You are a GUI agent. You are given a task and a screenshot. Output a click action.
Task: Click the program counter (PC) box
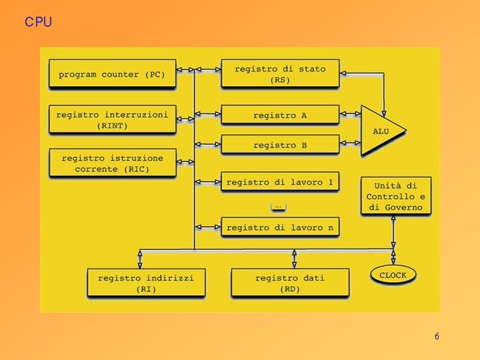click(112, 74)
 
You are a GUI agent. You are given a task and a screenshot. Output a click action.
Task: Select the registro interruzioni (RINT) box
click(112, 119)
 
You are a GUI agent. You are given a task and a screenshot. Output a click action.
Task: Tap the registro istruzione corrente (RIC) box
click(112, 163)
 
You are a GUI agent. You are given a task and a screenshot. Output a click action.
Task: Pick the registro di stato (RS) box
click(280, 74)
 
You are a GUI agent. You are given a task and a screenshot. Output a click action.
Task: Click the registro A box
click(280, 115)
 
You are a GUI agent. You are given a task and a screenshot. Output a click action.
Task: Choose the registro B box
click(280, 145)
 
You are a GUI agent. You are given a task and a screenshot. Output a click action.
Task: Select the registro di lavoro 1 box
click(280, 182)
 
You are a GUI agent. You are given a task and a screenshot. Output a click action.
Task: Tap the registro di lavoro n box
click(280, 227)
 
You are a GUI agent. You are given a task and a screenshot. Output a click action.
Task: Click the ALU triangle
click(380, 131)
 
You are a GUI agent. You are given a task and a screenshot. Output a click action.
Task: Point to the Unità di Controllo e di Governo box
click(395, 197)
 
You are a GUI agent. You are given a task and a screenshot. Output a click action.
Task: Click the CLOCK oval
click(393, 275)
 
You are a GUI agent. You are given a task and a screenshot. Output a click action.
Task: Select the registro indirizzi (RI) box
click(145, 283)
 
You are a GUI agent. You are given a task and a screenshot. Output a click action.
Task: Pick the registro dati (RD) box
click(290, 283)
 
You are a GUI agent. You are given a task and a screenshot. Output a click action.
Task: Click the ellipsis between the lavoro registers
click(278, 205)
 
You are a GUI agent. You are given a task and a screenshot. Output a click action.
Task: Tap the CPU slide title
click(38, 22)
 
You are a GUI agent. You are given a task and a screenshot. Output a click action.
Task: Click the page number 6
click(437, 337)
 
